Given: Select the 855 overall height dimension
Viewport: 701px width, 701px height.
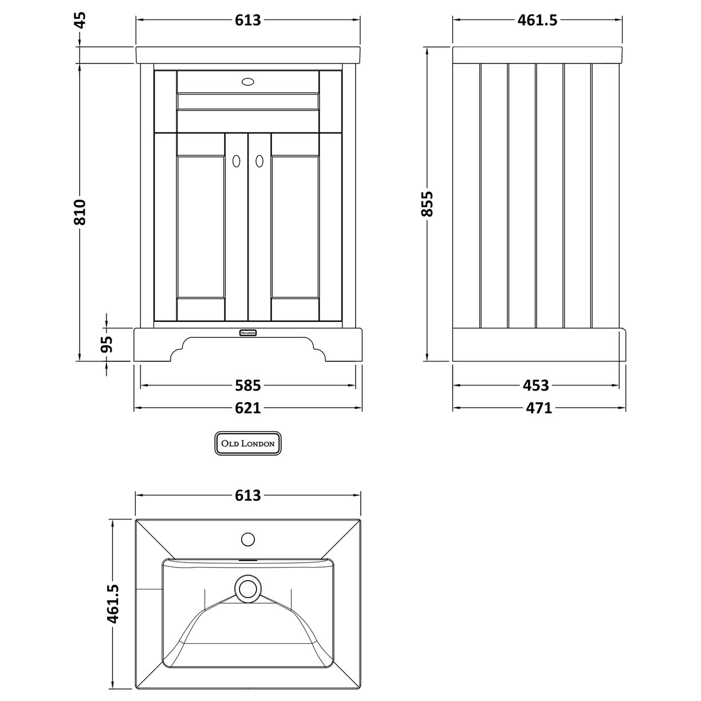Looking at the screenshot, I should coord(427,204).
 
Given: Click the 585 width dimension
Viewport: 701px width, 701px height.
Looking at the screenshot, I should coord(247,385).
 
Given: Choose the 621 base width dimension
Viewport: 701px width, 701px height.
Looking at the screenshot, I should coord(247,408).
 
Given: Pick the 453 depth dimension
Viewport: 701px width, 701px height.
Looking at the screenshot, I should coord(536,385).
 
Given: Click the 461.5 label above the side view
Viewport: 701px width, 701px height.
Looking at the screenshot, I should coord(537,21).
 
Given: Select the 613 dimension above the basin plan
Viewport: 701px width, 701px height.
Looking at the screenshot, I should coord(247,495).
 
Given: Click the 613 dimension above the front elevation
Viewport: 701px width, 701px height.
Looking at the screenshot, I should coord(247,21).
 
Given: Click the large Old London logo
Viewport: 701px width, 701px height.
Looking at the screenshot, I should coord(247,443).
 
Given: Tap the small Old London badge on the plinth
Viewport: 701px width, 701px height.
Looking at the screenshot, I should coord(247,332).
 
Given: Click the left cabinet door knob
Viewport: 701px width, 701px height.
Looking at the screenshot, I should coord(235,162).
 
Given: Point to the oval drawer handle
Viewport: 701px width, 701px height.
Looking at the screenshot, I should coord(247,82).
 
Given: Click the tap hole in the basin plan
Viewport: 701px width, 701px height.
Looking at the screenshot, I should coord(247,539).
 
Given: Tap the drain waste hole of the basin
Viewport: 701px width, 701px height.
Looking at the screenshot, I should coord(247,587).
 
